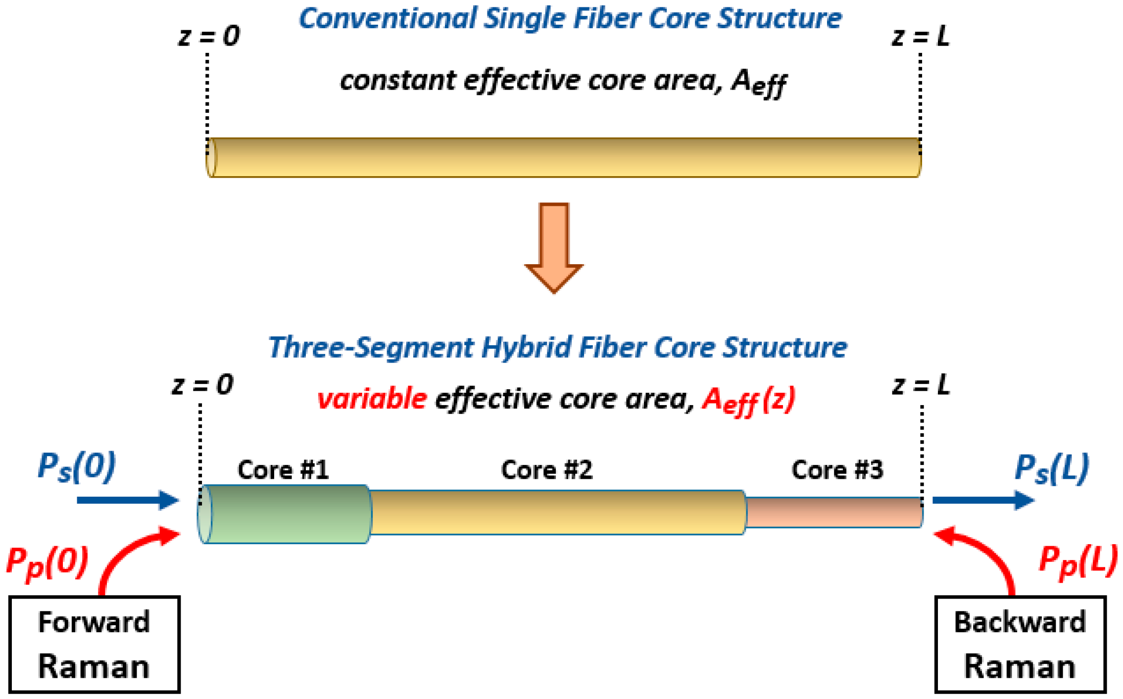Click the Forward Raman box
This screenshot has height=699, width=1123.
pyautogui.click(x=94, y=645)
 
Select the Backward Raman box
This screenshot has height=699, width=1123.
pyautogui.click(x=1020, y=645)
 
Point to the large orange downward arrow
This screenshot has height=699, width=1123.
pyautogui.click(x=554, y=247)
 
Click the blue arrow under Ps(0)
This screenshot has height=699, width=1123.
pyautogui.click(x=128, y=500)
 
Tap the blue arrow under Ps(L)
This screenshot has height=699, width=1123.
pyautogui.click(x=982, y=500)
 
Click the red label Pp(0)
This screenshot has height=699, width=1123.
pyautogui.click(x=47, y=562)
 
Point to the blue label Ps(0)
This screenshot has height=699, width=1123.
pyautogui.click(x=77, y=466)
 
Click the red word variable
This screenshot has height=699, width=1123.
pyautogui.click(x=372, y=399)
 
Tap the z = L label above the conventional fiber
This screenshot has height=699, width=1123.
pyautogui.click(x=921, y=37)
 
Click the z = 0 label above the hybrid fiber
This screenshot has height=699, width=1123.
pyautogui.click(x=202, y=385)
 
